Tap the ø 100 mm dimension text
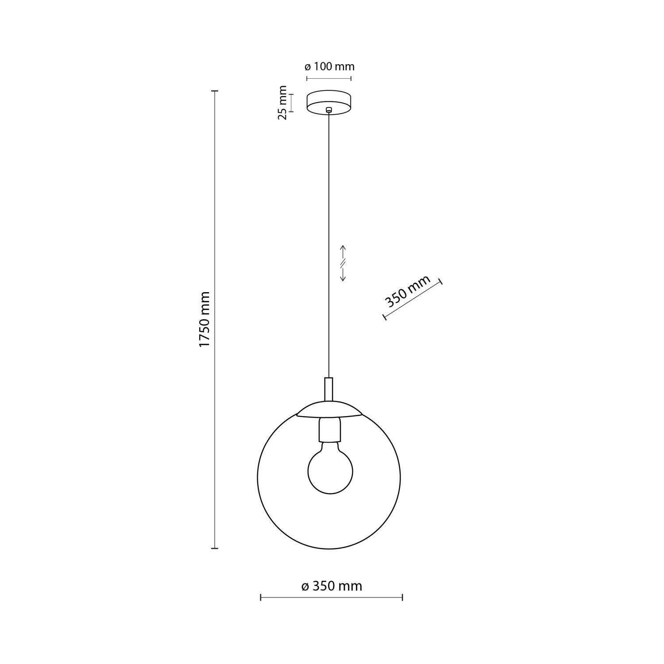tap(330, 67)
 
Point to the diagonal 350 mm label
tap(408, 292)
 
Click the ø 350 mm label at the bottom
tap(332, 586)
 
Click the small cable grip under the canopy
tap(328, 110)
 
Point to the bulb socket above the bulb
tap(329, 430)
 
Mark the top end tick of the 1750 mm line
tap(215, 91)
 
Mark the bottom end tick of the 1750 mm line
tap(215, 548)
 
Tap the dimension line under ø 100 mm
tap(329, 79)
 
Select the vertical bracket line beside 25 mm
tap(291, 103)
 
